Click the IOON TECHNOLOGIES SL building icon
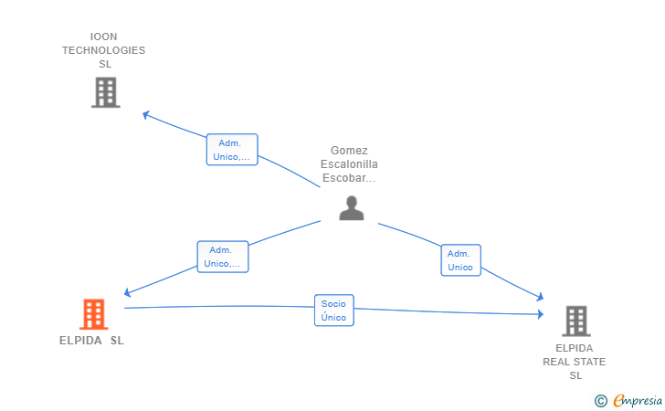coord(106,92)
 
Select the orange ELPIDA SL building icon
coord(94,314)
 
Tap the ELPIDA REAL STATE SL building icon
coord(576,321)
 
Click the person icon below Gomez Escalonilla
coord(352,208)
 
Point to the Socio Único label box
coord(334,311)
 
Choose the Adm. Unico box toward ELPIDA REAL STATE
coord(461,260)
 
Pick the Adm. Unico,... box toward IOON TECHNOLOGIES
coord(232,149)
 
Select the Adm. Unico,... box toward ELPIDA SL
coord(223,257)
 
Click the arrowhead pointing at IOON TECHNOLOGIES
coord(146,114)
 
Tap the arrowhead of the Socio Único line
coord(541,314)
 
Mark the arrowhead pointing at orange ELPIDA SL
coord(127,292)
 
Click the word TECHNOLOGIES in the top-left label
coord(104,50)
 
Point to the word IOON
coord(103,37)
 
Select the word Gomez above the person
coord(349,151)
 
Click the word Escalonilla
coord(349,164)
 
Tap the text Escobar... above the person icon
coord(349,178)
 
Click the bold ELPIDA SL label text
coord(91,341)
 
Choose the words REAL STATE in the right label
coord(575,362)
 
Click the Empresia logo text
coord(638,400)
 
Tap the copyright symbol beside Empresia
coord(600,401)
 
